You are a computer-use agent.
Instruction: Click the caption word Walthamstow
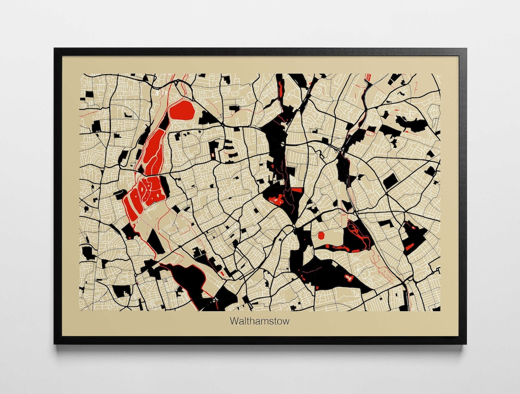coord(260,321)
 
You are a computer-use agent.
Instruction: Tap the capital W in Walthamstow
coord(234,321)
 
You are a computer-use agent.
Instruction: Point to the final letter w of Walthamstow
coord(286,321)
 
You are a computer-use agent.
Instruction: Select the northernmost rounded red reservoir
coord(182,111)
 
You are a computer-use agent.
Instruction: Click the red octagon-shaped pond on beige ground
coord(321,236)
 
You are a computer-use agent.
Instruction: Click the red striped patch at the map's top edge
coord(369,76)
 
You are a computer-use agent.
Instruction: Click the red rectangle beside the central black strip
coord(297,190)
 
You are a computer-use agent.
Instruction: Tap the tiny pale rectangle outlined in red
coord(222,273)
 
